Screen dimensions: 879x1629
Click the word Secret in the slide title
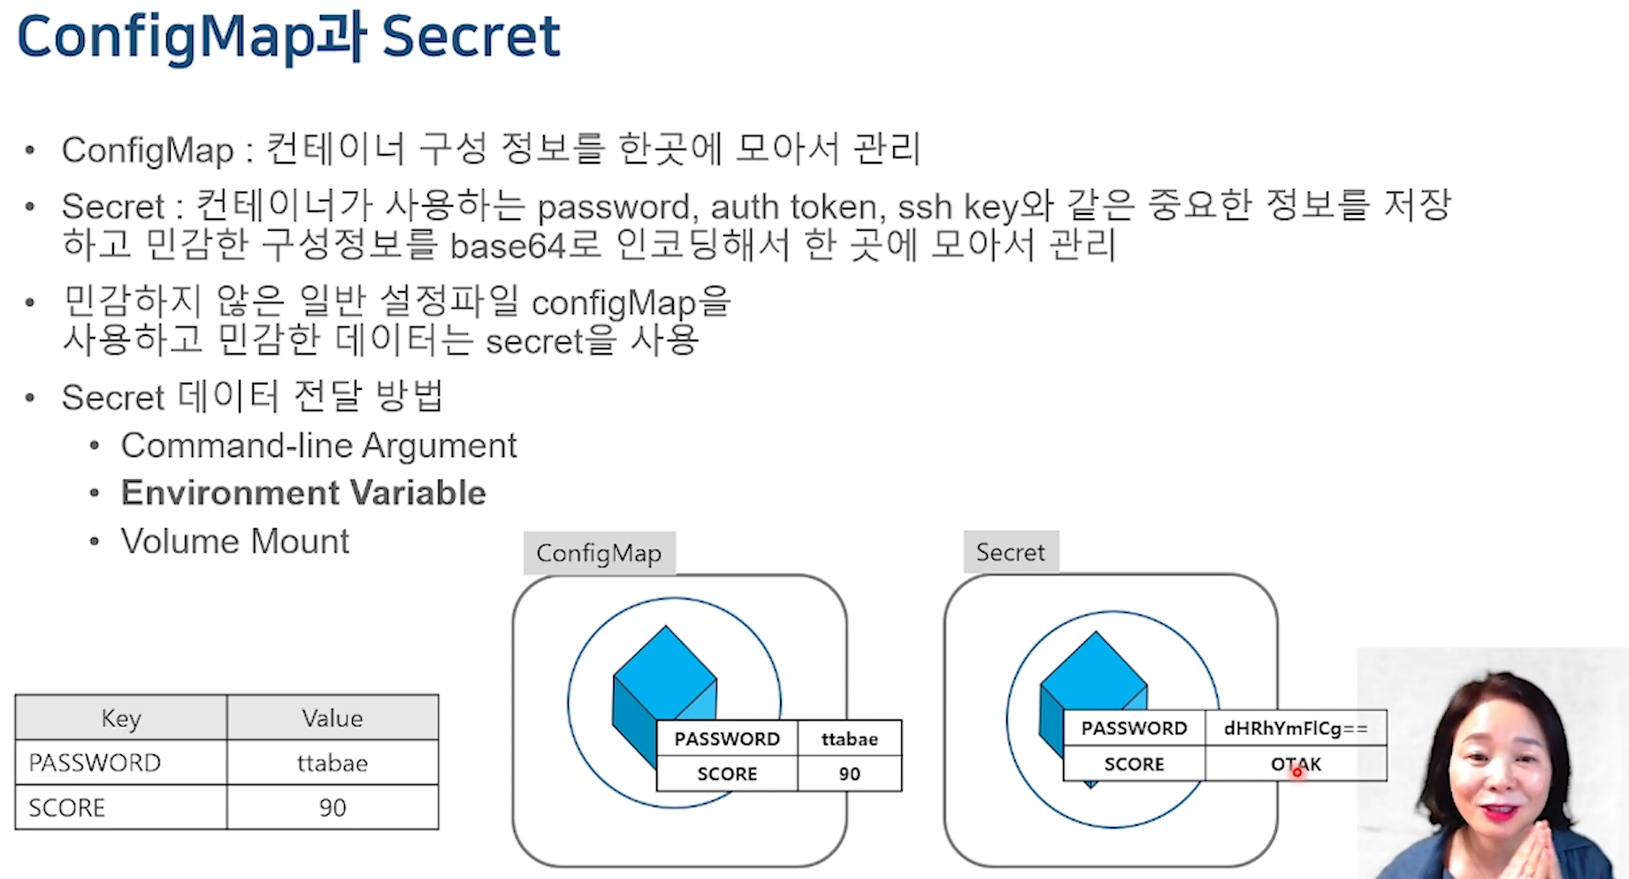[x=470, y=37]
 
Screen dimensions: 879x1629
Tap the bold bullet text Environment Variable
[x=303, y=493]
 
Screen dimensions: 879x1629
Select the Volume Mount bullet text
[x=235, y=541]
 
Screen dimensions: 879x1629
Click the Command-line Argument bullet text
[x=318, y=446]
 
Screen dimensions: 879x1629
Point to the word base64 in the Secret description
[x=507, y=246]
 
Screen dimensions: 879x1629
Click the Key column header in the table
[x=121, y=718]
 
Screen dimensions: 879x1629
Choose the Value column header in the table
[x=333, y=718]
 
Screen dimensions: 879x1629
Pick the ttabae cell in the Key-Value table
[x=333, y=763]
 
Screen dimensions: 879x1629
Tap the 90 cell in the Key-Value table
[x=333, y=807]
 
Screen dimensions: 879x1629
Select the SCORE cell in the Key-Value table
[x=67, y=807]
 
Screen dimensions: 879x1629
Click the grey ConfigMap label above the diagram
[x=599, y=554]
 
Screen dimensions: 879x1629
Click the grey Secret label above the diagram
[x=1010, y=553]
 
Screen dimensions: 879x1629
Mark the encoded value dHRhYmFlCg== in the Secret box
[x=1296, y=729]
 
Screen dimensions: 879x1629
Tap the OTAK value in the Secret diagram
[x=1296, y=764]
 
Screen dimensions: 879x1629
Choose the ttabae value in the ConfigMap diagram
[x=849, y=739]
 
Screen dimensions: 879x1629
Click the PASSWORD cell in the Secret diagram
[x=1134, y=729]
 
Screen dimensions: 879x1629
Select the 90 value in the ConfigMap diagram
[x=849, y=774]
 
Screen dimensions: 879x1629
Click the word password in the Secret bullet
[x=614, y=208]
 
